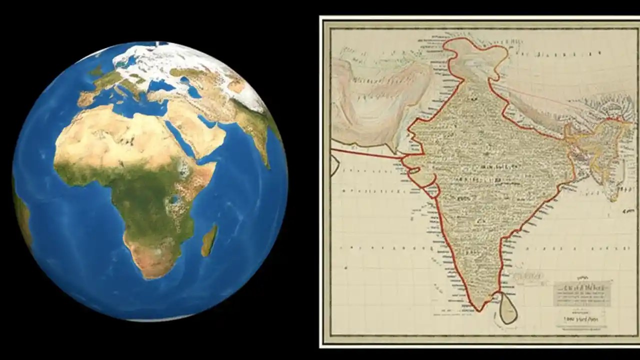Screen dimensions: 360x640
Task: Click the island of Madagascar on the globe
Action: tap(209, 240)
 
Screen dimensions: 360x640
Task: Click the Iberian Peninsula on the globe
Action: tap(85, 98)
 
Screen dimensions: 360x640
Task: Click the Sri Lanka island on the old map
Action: tap(508, 310)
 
